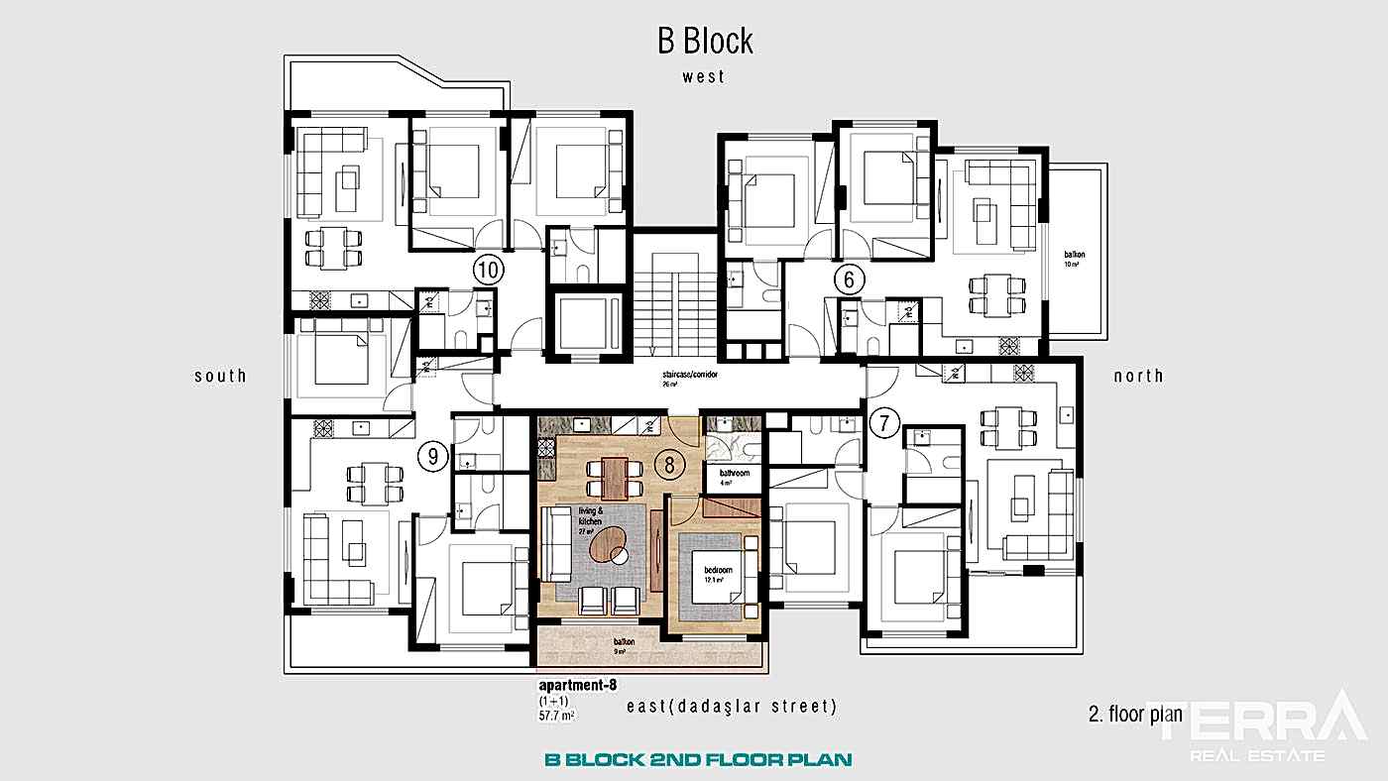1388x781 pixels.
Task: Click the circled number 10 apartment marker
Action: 489,269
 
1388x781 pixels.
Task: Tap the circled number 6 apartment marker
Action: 849,279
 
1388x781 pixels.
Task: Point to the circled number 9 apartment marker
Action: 433,457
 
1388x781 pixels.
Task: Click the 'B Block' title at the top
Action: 705,41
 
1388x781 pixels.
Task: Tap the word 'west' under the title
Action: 703,76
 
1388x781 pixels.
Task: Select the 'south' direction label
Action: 220,376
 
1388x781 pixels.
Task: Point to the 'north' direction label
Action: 1138,376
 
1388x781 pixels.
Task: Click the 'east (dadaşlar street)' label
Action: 733,707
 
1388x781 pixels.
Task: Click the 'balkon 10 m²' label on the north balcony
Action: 1075,259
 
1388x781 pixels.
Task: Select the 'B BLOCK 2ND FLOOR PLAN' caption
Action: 698,760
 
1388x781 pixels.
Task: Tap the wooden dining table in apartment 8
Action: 615,477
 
